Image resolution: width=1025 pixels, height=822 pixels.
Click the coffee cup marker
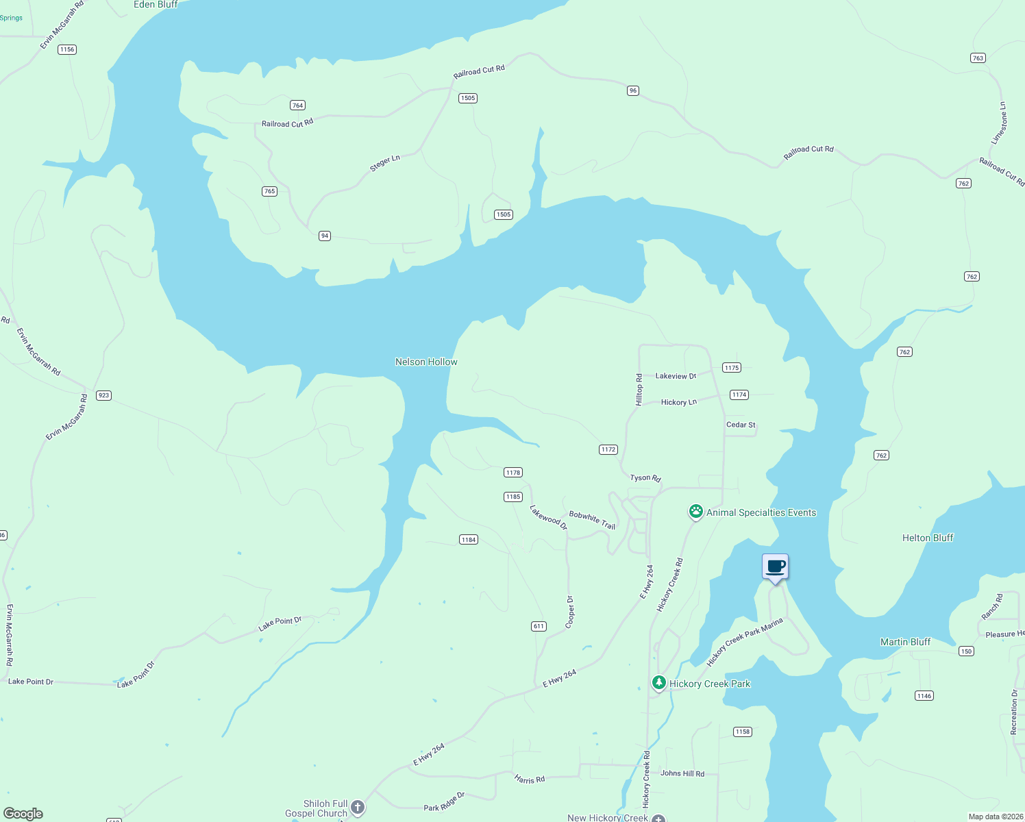click(776, 568)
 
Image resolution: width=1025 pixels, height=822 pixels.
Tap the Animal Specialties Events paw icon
click(696, 512)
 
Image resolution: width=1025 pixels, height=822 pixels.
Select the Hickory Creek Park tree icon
click(658, 683)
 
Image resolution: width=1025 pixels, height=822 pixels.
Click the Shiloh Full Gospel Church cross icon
click(358, 808)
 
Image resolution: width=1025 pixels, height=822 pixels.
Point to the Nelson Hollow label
click(426, 362)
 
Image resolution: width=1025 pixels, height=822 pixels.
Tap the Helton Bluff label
click(928, 538)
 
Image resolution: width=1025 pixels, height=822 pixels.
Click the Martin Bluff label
click(905, 642)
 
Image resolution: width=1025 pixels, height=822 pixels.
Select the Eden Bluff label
click(156, 5)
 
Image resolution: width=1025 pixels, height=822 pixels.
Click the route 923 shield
click(103, 395)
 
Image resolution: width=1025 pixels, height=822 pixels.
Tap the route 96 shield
click(633, 90)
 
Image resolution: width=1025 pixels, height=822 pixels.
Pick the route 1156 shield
click(67, 49)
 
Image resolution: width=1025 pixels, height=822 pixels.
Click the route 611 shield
click(539, 626)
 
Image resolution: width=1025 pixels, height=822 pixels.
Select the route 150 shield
click(966, 651)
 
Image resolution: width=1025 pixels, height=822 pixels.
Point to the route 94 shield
click(325, 236)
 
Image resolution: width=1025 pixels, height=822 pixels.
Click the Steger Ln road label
click(384, 163)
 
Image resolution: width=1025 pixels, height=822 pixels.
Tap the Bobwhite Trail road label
click(592, 520)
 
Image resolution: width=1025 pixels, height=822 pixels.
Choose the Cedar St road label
click(741, 425)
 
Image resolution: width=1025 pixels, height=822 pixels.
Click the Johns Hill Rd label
click(682, 773)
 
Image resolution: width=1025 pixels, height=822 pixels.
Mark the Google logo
click(23, 814)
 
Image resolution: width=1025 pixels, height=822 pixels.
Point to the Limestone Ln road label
click(1000, 123)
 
